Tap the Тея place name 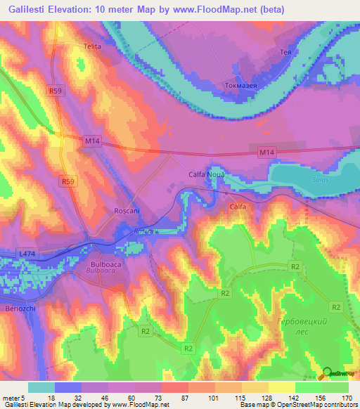(285, 53)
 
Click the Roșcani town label (108, 210)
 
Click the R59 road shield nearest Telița (56, 91)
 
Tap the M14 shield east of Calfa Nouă (265, 152)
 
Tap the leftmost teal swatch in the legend (41, 387)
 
